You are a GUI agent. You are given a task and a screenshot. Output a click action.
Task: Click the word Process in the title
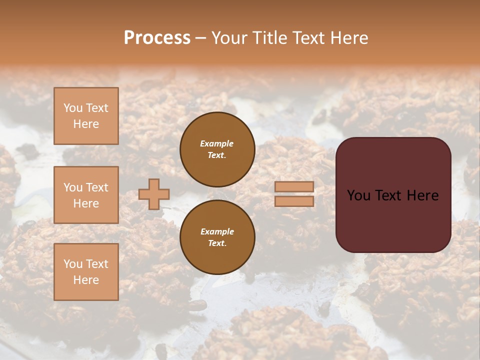[x=157, y=38]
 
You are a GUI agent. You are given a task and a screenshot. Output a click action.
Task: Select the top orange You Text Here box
[x=86, y=116]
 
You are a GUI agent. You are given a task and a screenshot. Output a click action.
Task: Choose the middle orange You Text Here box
[x=86, y=195]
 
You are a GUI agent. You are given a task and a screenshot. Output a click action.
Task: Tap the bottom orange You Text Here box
[x=86, y=272]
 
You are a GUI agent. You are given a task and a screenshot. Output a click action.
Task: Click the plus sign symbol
[x=154, y=194]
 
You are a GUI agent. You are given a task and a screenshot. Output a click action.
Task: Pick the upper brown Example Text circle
[x=217, y=149]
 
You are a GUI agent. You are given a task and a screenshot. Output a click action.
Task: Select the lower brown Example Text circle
[x=217, y=237]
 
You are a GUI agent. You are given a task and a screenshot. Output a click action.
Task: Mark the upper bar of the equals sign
[x=294, y=186]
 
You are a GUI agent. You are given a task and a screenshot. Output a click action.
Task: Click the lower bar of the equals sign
[x=294, y=201]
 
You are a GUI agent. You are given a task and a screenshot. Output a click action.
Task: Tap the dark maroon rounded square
[x=393, y=195]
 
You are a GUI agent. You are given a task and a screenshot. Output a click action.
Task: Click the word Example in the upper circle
[x=217, y=143]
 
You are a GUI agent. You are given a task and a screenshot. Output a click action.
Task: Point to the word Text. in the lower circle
[x=217, y=243]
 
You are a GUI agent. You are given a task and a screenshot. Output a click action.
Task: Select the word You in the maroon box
[x=358, y=195]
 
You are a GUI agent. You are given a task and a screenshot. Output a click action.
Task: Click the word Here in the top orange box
[x=86, y=124]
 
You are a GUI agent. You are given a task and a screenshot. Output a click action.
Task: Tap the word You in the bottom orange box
[x=72, y=264]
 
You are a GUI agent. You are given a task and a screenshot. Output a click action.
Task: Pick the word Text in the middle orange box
[x=96, y=187]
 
